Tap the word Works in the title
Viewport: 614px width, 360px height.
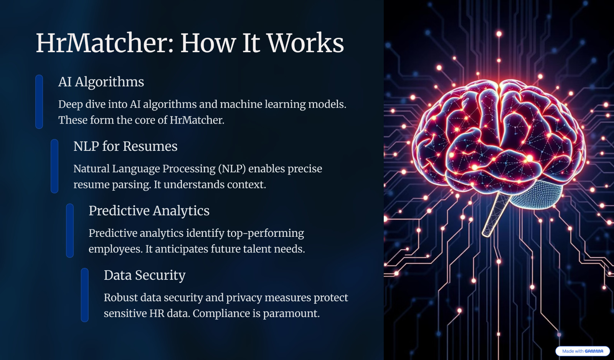click(305, 43)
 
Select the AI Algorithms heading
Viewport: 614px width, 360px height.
click(101, 82)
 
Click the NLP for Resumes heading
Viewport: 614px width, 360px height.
click(125, 146)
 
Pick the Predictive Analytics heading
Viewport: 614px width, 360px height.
click(149, 211)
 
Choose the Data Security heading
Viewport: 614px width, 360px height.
click(145, 275)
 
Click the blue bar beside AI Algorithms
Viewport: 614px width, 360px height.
click(39, 102)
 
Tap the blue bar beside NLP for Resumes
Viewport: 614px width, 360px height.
click(54, 166)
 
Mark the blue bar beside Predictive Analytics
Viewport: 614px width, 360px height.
click(70, 231)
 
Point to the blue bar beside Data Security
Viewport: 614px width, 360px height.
click(85, 295)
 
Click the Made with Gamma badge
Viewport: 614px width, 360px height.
click(583, 351)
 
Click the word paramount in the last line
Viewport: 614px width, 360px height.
click(291, 314)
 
